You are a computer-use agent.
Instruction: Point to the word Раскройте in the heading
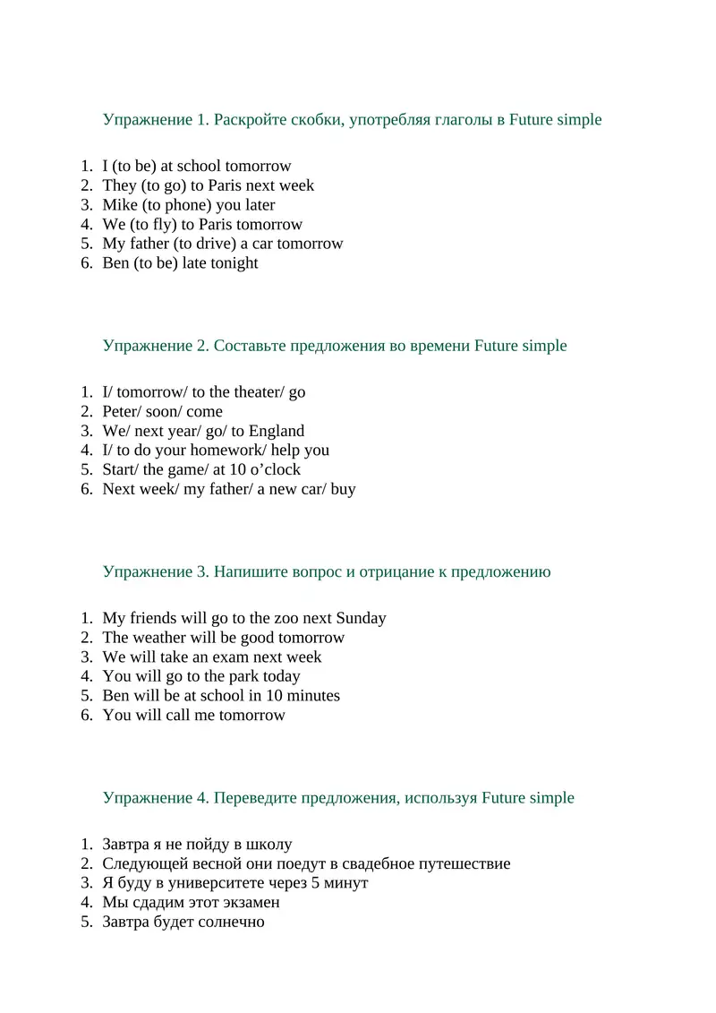pyautogui.click(x=251, y=120)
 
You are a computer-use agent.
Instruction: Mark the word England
pyautogui.click(x=276, y=431)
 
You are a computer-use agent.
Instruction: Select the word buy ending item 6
pyautogui.click(x=343, y=489)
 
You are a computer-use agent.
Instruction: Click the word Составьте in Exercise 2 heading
pyautogui.click(x=251, y=346)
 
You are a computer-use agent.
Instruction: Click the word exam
pyautogui.click(x=241, y=657)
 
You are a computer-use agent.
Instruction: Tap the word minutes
pyautogui.click(x=311, y=696)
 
